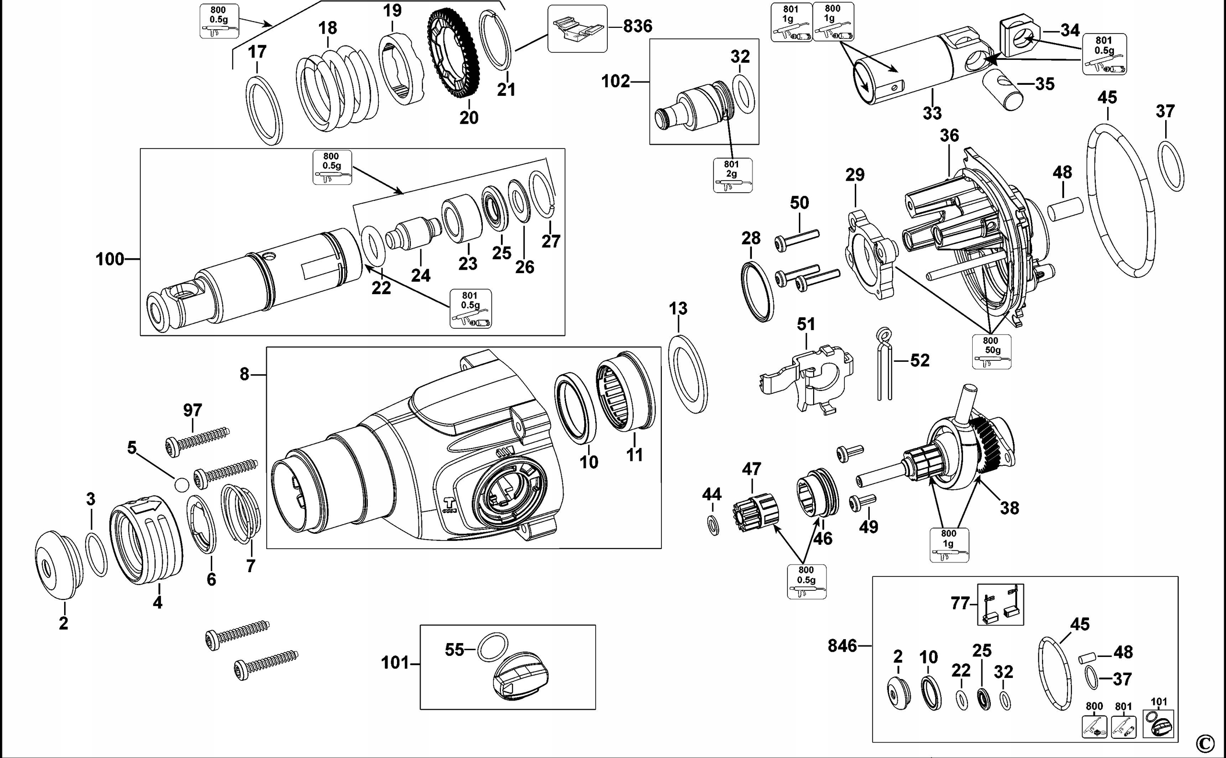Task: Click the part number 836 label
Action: pyautogui.click(x=637, y=26)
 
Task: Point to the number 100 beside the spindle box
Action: pyautogui.click(x=109, y=259)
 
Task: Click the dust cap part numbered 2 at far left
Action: pyautogui.click(x=57, y=564)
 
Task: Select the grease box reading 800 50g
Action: pyautogui.click(x=991, y=351)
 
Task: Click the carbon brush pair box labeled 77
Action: pyautogui.click(x=1000, y=605)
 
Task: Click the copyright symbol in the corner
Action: pyautogui.click(x=1206, y=743)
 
